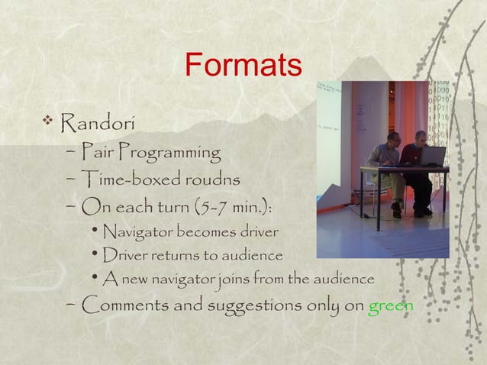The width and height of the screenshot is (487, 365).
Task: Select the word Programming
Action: [169, 153]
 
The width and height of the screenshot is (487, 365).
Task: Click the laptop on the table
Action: [431, 157]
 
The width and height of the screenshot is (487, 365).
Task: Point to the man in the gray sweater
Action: [385, 164]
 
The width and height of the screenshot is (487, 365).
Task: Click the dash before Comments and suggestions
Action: [70, 306]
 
